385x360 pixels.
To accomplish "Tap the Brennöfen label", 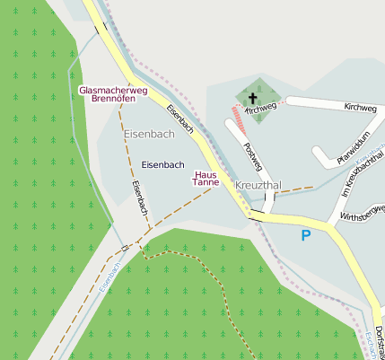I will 114,99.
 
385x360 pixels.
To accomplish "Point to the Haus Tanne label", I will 206,178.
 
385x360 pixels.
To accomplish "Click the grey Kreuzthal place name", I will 258,185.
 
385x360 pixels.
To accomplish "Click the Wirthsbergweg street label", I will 361,213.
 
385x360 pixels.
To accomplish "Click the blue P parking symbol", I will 305,235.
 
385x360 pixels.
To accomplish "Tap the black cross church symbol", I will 252,98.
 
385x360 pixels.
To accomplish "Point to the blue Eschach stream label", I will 372,346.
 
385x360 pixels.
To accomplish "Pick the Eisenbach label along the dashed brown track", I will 139,198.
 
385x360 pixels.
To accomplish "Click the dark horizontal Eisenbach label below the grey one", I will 163,164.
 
